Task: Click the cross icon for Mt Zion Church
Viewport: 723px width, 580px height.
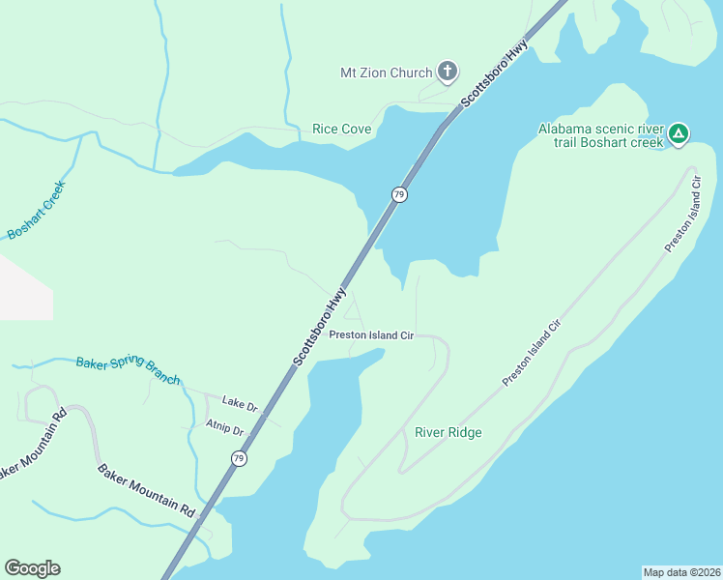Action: click(x=447, y=72)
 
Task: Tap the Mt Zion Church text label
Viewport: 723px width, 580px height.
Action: click(x=386, y=72)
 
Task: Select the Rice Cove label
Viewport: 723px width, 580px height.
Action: click(x=342, y=129)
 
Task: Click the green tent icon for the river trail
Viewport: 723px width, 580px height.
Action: click(x=679, y=134)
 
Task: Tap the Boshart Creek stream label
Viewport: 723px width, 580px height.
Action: click(x=35, y=211)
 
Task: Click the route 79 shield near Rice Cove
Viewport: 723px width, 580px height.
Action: click(x=398, y=194)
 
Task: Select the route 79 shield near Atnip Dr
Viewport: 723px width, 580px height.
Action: click(x=238, y=457)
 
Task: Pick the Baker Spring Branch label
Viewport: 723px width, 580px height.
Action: click(x=128, y=370)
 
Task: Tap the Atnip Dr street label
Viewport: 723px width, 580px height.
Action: click(x=224, y=426)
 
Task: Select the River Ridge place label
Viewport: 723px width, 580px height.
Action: click(x=448, y=432)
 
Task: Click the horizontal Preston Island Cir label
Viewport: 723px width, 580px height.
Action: click(x=371, y=335)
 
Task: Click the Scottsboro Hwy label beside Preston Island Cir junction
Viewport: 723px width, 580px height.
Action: click(x=319, y=326)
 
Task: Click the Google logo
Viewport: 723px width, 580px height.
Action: click(x=32, y=568)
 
